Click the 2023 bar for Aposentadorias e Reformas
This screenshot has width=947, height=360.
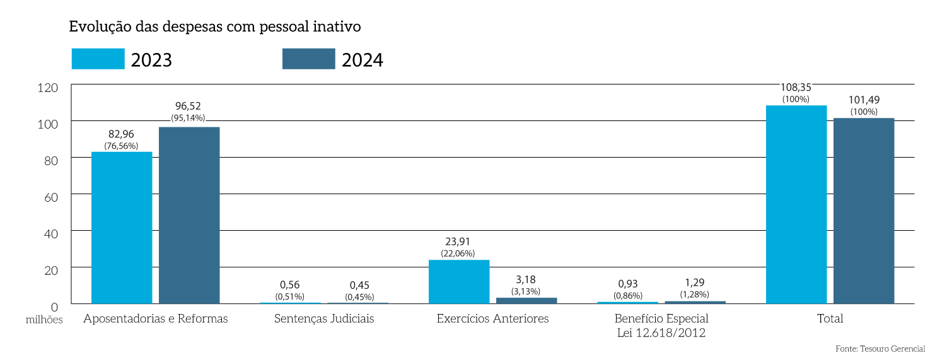pyautogui.click(x=122, y=228)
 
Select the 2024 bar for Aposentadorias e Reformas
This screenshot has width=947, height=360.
pyautogui.click(x=189, y=215)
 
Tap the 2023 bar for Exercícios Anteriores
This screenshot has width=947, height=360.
pyautogui.click(x=459, y=282)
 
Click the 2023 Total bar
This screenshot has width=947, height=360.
pyautogui.click(x=796, y=204)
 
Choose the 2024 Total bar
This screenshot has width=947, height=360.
pyautogui.click(x=864, y=211)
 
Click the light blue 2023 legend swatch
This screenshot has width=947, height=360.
pyautogui.click(x=98, y=59)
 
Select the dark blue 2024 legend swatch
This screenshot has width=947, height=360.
pyautogui.click(x=309, y=59)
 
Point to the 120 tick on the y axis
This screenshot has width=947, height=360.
pyautogui.click(x=48, y=88)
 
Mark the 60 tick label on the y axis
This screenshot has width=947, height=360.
pyautogui.click(x=50, y=197)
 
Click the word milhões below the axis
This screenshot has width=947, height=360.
pyautogui.click(x=45, y=320)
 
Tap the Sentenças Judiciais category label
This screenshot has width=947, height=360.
pyautogui.click(x=324, y=319)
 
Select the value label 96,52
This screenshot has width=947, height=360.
pyautogui.click(x=189, y=107)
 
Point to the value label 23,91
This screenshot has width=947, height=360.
pyautogui.click(x=458, y=241)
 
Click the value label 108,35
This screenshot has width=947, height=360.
pyautogui.click(x=796, y=88)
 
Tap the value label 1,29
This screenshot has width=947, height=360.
pyautogui.click(x=695, y=283)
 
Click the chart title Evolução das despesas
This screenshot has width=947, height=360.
pyautogui.click(x=214, y=26)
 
